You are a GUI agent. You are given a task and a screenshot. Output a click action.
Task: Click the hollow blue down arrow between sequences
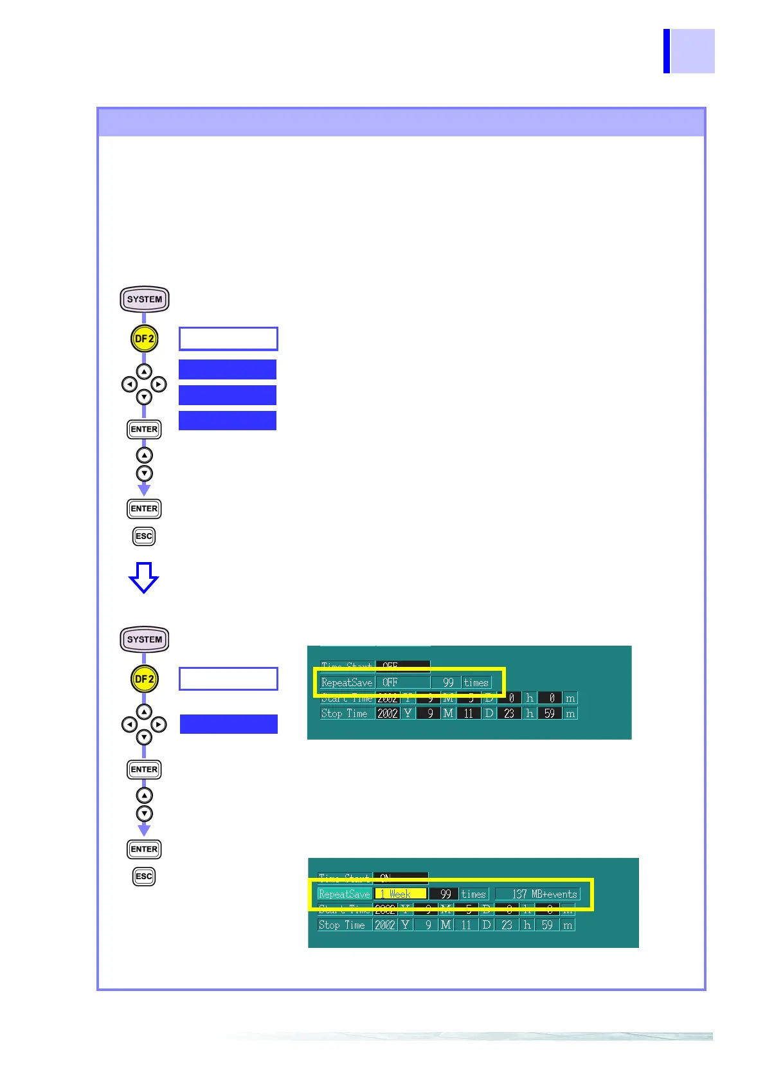click(x=143, y=577)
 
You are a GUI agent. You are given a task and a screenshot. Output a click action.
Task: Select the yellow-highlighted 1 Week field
click(x=400, y=894)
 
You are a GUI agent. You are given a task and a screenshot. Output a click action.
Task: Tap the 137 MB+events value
click(x=538, y=894)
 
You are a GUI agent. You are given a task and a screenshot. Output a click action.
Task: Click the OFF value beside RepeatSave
click(x=402, y=682)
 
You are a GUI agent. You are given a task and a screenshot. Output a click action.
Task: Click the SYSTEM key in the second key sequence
click(x=144, y=639)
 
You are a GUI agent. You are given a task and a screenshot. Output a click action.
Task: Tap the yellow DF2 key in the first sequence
click(x=144, y=339)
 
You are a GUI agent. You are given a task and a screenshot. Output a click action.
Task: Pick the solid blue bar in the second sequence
click(x=228, y=724)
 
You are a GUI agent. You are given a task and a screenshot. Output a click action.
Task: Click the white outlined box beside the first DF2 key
click(x=228, y=339)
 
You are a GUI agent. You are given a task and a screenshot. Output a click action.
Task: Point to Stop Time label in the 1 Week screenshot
click(x=342, y=925)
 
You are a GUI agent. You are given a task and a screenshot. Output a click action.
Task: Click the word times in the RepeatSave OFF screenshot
click(x=476, y=682)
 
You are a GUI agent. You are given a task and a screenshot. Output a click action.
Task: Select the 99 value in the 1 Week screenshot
click(x=445, y=894)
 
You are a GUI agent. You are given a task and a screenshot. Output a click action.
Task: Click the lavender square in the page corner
click(x=692, y=51)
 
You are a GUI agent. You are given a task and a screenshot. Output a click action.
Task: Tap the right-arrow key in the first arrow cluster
click(x=159, y=385)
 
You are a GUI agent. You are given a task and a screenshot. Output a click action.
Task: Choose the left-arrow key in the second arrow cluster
click(x=129, y=724)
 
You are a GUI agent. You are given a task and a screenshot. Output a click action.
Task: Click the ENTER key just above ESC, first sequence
click(x=144, y=509)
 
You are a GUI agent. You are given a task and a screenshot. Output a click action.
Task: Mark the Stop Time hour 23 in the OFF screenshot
click(x=509, y=713)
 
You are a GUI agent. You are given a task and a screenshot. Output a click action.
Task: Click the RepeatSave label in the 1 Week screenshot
click(x=345, y=894)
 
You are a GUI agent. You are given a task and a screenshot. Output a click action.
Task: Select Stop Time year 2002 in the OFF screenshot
click(x=388, y=713)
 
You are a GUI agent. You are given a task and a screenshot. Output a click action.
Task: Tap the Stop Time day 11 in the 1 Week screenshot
click(x=466, y=925)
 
